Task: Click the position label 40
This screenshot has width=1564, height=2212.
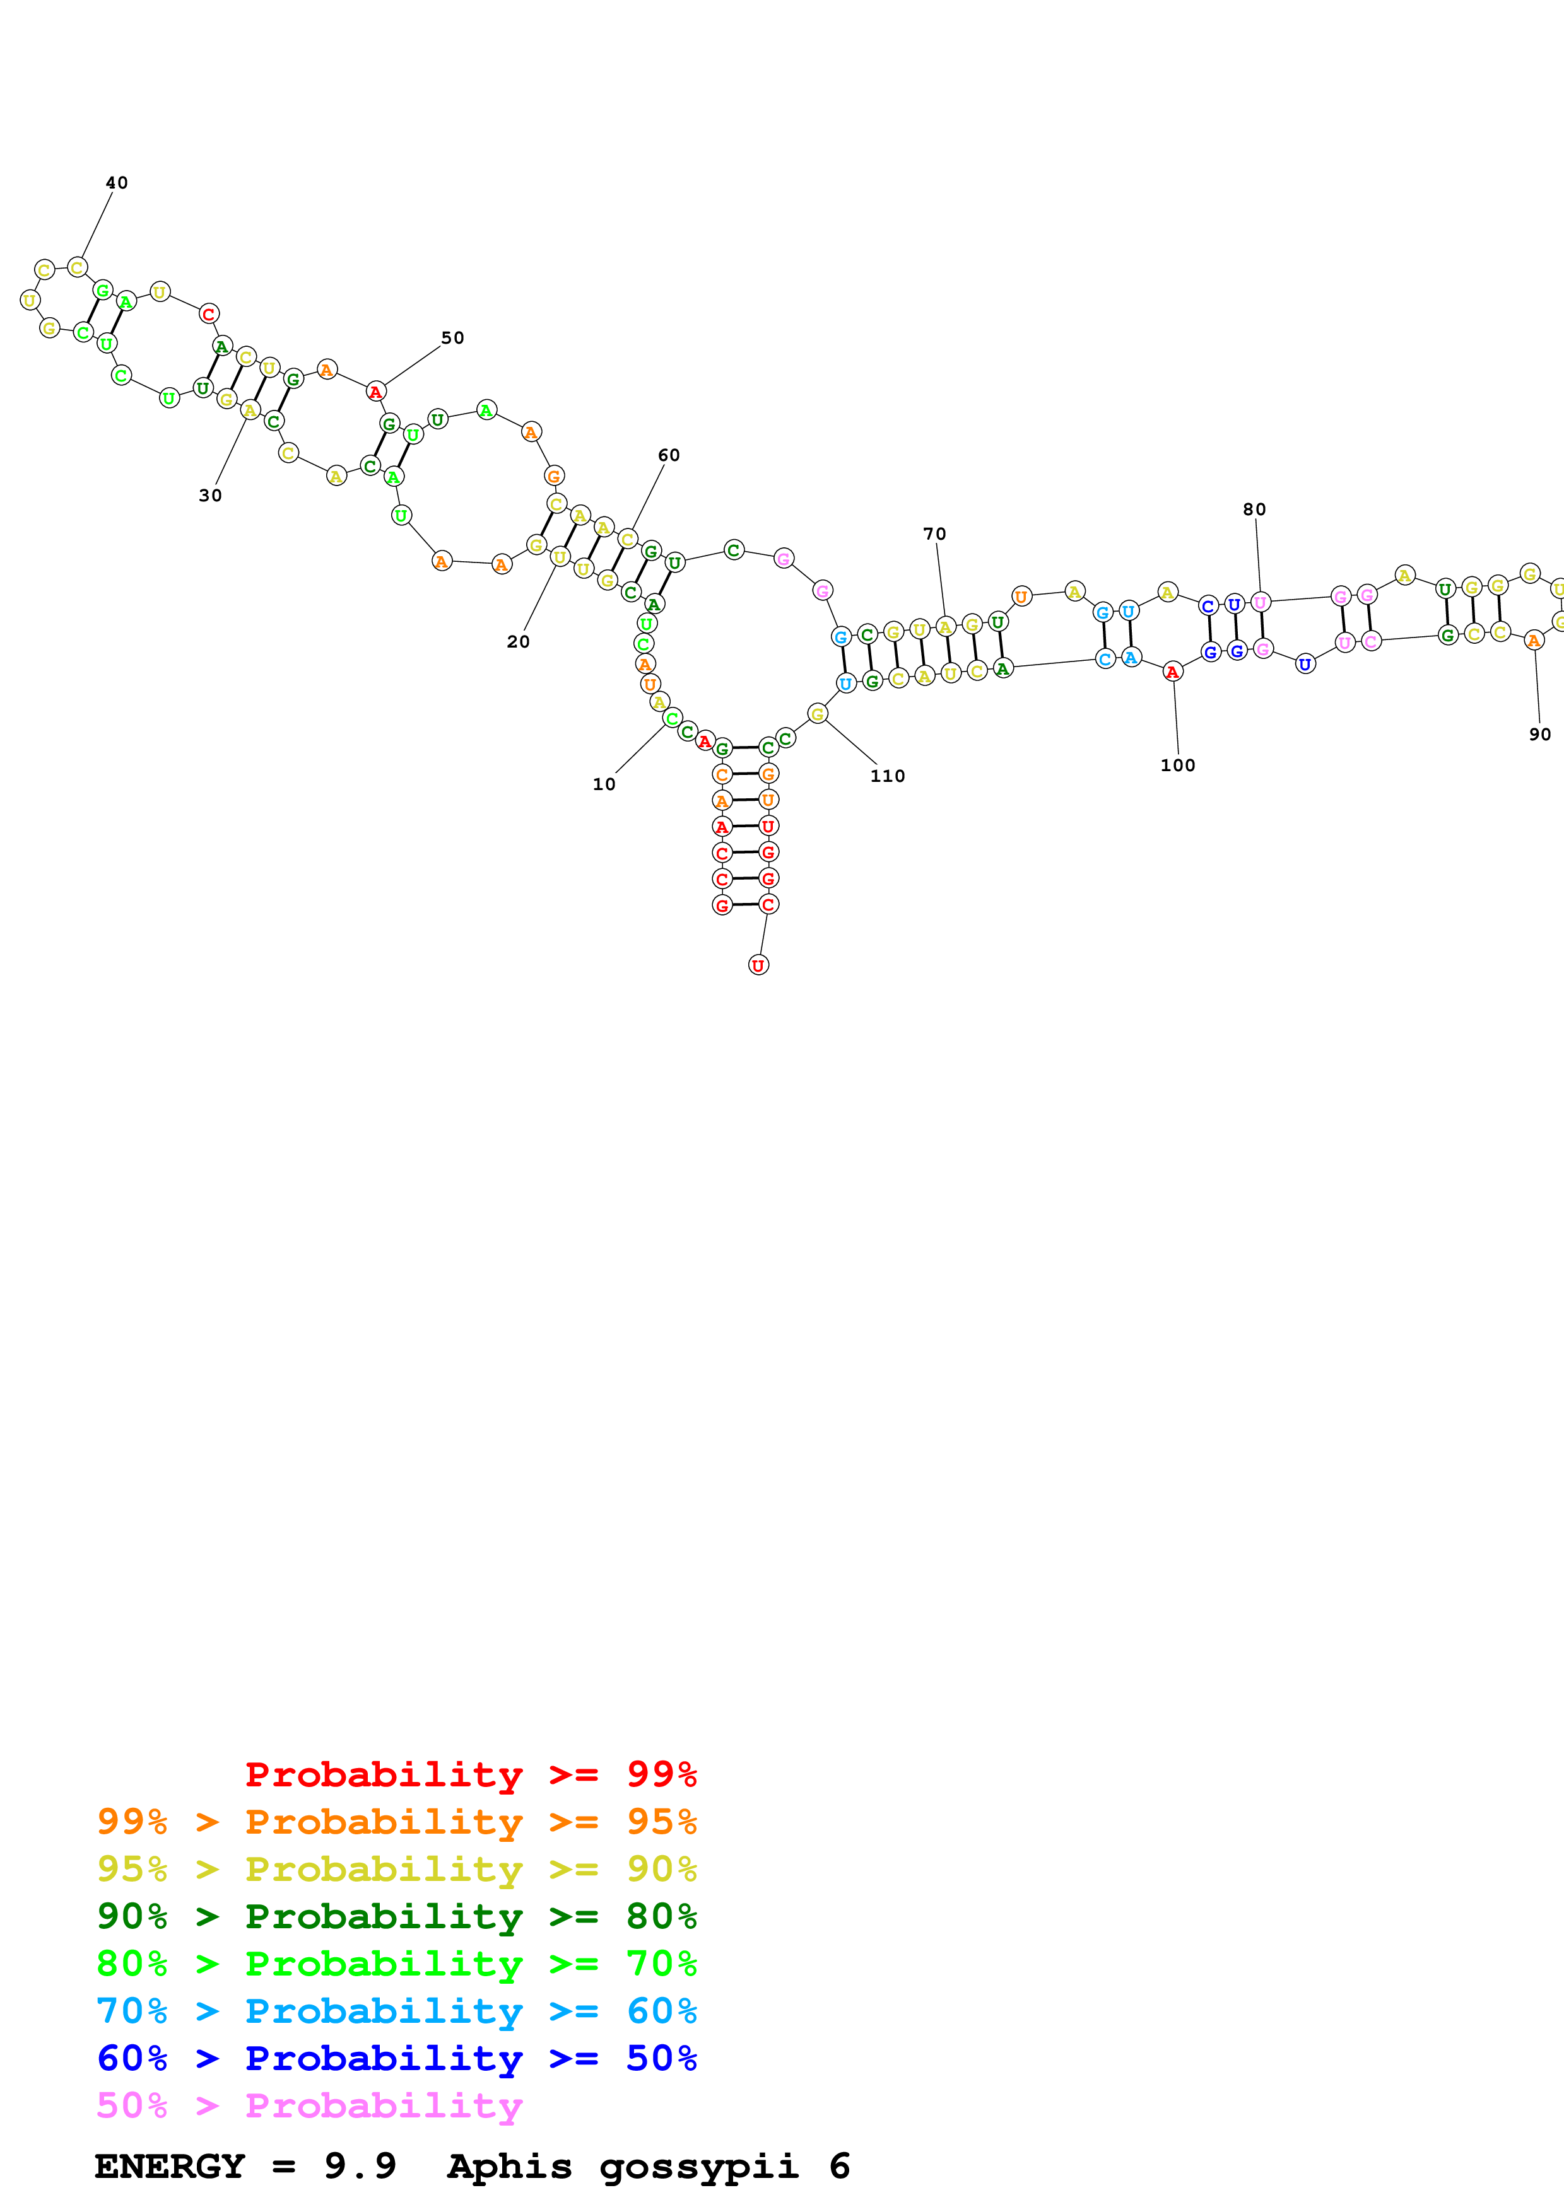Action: [x=117, y=183]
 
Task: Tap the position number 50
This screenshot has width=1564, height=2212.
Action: [x=452, y=338]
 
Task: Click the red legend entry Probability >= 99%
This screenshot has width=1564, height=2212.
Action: [x=470, y=1774]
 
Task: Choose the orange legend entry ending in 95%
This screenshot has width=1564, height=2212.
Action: [x=397, y=1822]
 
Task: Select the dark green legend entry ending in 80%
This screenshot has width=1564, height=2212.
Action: [x=397, y=1916]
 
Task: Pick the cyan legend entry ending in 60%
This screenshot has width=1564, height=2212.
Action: [x=397, y=2011]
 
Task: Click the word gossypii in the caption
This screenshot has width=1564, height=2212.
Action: [x=698, y=2166]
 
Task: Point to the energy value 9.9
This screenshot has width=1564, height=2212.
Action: [x=360, y=2166]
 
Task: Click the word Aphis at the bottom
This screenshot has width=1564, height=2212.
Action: [x=510, y=2166]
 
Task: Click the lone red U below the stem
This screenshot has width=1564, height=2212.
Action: [x=758, y=965]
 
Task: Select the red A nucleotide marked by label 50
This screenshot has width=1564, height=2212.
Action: [x=376, y=392]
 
